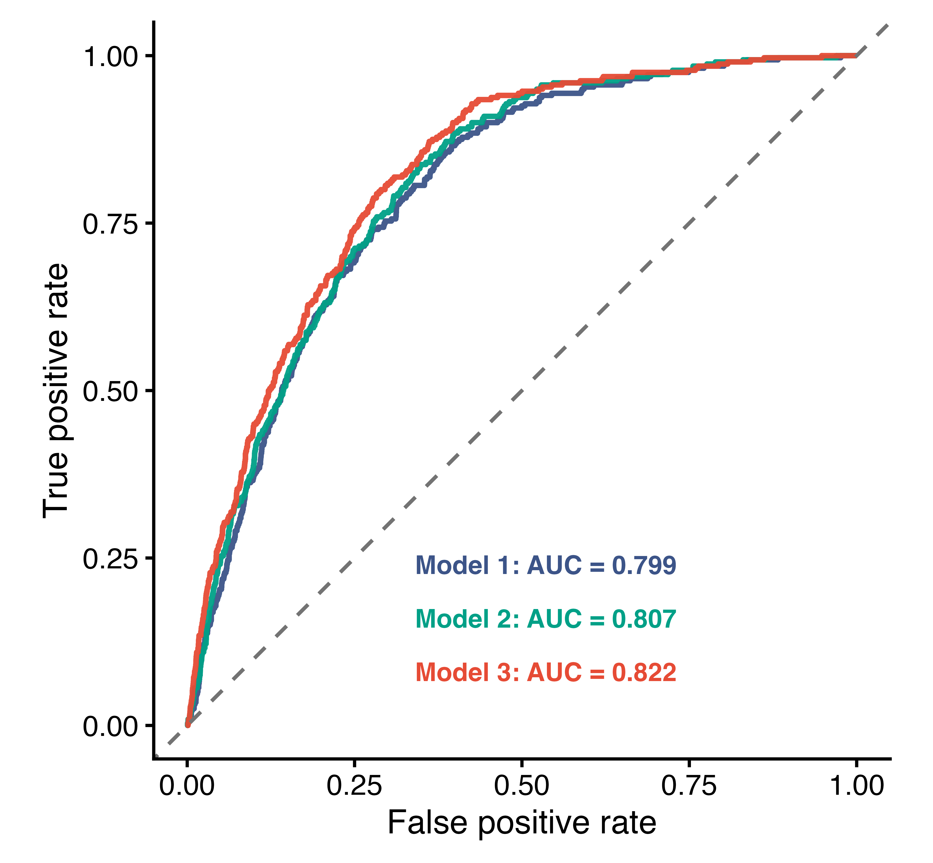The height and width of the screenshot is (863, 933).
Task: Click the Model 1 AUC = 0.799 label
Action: coord(546,566)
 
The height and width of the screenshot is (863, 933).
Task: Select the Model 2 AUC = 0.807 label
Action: coord(546,619)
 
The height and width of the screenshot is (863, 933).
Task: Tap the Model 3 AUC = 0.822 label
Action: coord(546,672)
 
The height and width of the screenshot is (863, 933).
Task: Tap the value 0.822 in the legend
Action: coord(644,672)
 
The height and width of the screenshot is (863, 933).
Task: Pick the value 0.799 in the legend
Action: coord(644,566)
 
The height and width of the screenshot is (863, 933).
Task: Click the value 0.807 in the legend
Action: coord(644,619)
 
